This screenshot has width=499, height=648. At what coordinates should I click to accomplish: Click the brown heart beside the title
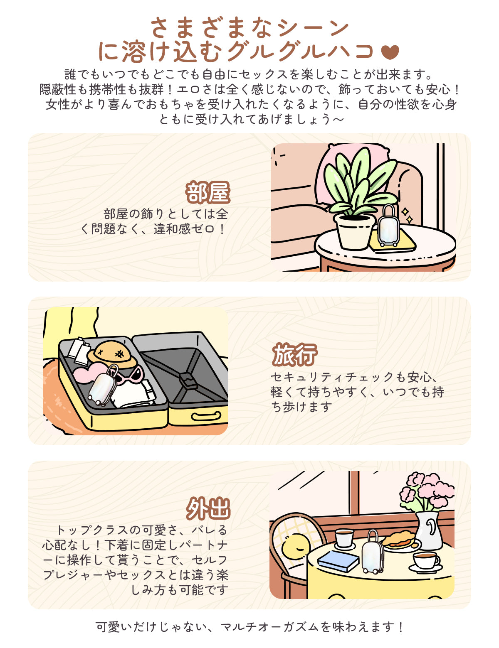390,52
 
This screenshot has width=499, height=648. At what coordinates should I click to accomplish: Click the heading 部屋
208,192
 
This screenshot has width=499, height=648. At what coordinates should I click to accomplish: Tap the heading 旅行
294,355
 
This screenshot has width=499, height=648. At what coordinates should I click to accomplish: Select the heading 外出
208,509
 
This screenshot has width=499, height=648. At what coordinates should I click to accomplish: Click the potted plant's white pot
355,232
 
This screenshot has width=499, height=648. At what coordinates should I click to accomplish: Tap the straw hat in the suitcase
112,355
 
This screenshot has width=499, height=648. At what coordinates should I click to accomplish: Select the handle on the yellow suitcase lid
206,416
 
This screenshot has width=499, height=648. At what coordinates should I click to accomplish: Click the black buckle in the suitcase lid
188,380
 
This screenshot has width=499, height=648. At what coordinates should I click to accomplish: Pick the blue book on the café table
338,561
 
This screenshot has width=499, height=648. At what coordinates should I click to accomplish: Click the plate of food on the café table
400,541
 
